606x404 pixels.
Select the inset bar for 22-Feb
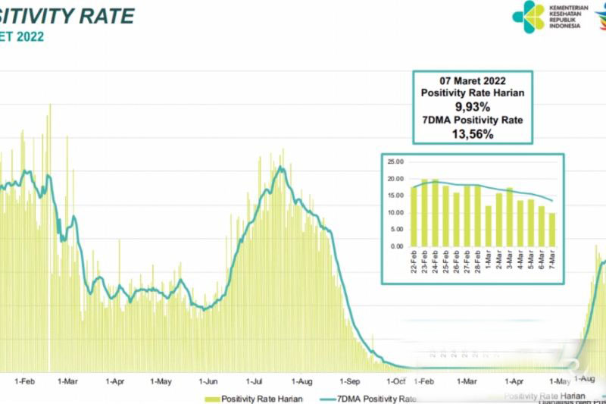click(414, 216)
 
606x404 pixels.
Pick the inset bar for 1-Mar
click(488, 226)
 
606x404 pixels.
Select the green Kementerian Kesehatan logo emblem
click(527, 15)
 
